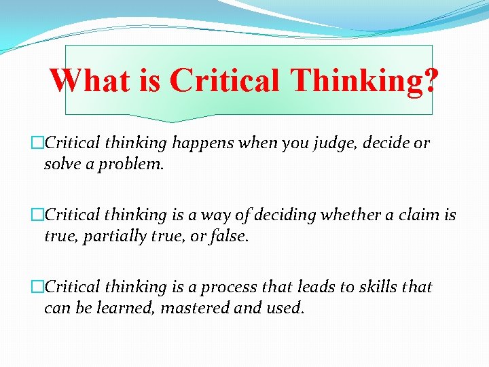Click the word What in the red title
pyautogui.click(x=88, y=81)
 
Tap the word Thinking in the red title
pyautogui.click(x=356, y=81)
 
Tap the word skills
pyautogui.click(x=372, y=287)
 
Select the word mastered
pyautogui.click(x=198, y=308)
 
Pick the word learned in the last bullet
pyautogui.click(x=126, y=308)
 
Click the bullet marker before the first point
pyautogui.click(x=38, y=143)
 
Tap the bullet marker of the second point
pyautogui.click(x=38, y=215)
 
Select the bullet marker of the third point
pyautogui.click(x=38, y=287)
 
